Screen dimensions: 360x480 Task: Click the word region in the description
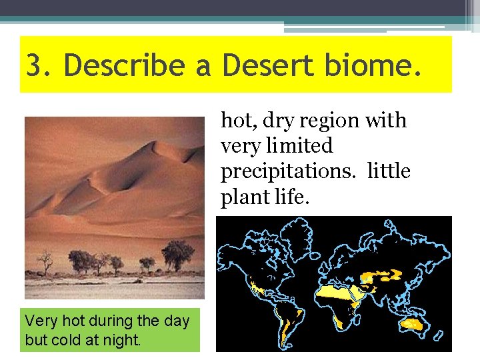point(333,121)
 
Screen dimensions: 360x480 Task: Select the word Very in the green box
point(38,321)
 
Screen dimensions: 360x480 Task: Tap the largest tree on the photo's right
point(177,253)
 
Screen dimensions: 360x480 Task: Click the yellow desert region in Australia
point(413,324)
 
